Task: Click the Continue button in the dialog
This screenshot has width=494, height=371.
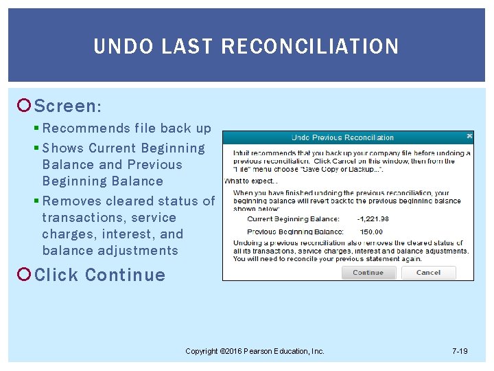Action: (368, 272)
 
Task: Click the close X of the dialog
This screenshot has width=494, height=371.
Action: (469, 136)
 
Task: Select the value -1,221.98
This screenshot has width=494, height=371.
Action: (373, 219)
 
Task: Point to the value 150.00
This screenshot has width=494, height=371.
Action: (371, 232)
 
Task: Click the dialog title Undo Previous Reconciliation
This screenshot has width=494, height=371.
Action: (342, 137)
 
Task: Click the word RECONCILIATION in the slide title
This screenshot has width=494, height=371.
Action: (309, 46)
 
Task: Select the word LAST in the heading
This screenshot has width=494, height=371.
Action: (183, 46)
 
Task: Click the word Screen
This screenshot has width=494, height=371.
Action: (67, 106)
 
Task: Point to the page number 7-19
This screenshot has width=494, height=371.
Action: (460, 351)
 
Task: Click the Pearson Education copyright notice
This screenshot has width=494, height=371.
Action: (255, 351)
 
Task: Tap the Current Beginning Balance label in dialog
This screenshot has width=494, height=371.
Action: (293, 219)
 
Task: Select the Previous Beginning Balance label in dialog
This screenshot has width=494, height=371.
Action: (295, 232)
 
